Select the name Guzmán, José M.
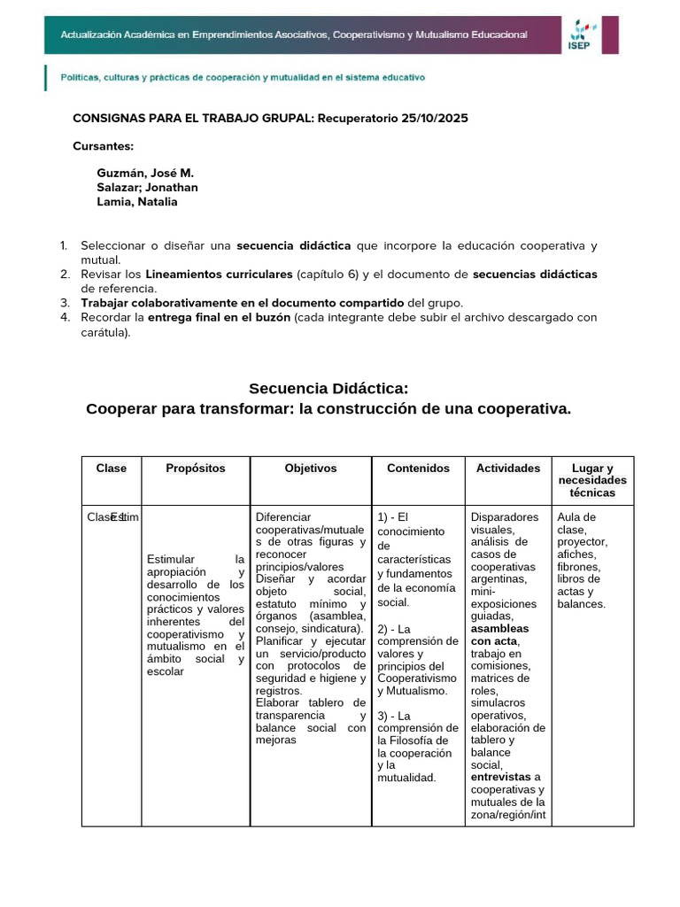145,173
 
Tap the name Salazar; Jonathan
147,187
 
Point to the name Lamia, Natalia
137,201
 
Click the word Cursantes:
103,146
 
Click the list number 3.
65,302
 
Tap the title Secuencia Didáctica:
328,389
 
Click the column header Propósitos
196,468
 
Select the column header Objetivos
311,468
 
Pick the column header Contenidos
418,468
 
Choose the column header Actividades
508,468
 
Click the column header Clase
112,468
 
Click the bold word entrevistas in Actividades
501,777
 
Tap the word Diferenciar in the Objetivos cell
283,517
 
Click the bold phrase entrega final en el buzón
219,317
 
